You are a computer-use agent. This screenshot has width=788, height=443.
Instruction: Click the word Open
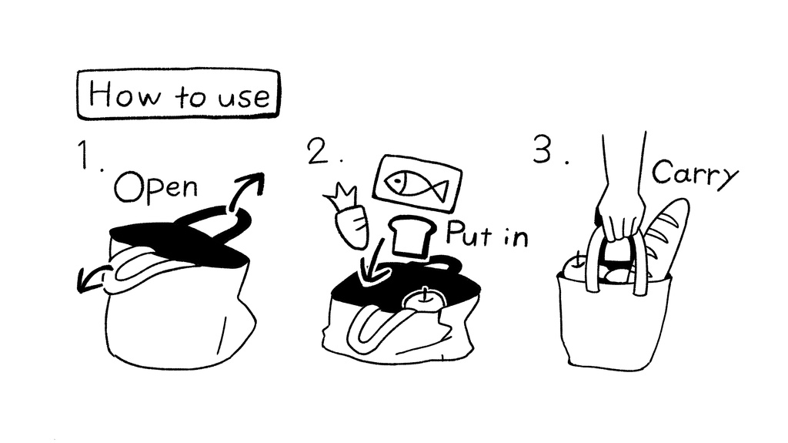pyautogui.click(x=155, y=186)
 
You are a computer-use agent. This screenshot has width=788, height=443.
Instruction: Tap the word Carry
pyautogui.click(x=696, y=174)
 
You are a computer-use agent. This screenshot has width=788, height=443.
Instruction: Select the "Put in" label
pyautogui.click(x=487, y=233)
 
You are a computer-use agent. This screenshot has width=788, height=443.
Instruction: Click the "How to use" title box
pyautogui.click(x=179, y=94)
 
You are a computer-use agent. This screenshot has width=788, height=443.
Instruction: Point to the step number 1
pyautogui.click(x=85, y=155)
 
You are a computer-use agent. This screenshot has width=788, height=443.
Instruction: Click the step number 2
pyautogui.click(x=318, y=151)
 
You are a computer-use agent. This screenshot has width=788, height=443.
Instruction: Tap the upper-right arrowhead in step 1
pyautogui.click(x=254, y=183)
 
